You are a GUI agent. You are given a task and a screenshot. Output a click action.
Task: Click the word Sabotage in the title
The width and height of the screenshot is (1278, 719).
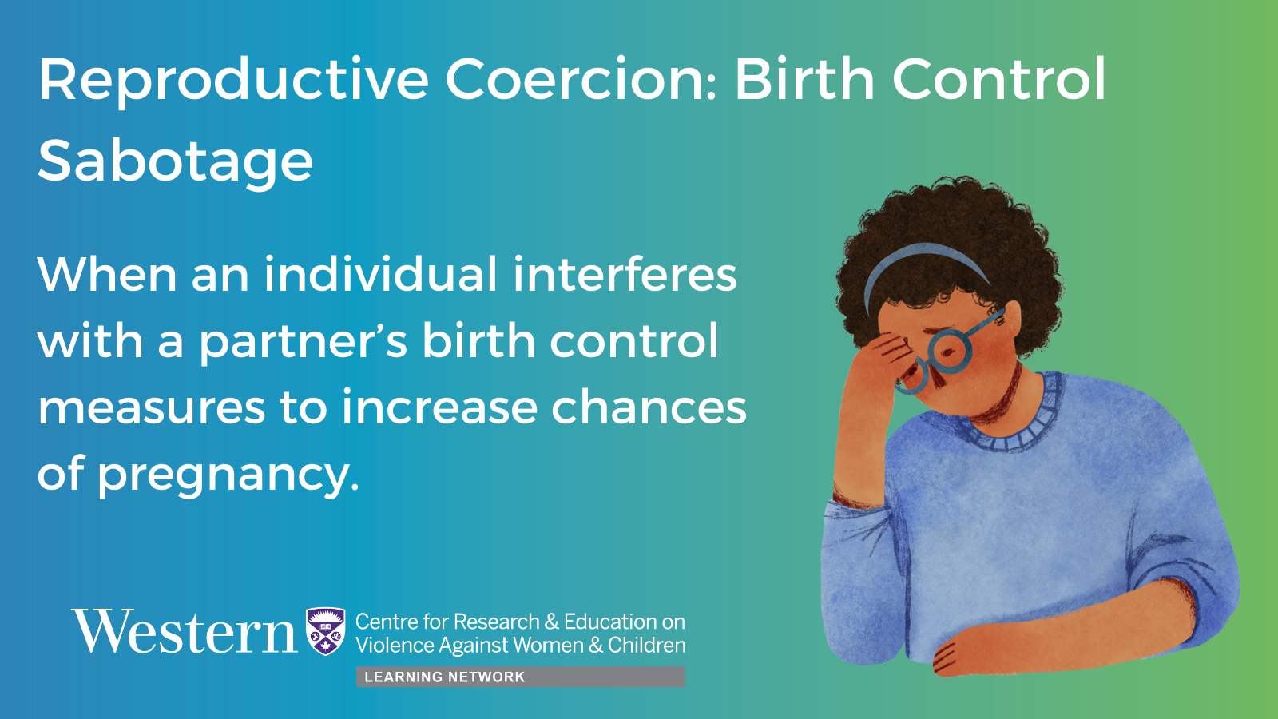click(x=175, y=161)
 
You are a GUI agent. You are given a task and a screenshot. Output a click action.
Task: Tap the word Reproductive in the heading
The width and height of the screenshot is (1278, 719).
click(x=233, y=79)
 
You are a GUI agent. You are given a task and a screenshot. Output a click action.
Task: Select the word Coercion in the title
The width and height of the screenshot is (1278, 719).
click(x=580, y=79)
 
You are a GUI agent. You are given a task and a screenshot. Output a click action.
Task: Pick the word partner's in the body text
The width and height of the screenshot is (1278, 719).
click(x=303, y=340)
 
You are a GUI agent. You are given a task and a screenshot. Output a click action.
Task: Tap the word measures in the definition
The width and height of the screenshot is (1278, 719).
click(x=151, y=408)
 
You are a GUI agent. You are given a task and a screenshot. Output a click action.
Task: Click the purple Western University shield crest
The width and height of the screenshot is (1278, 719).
click(x=326, y=631)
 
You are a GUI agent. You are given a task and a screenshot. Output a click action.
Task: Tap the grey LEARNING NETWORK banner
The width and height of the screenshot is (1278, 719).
click(x=520, y=677)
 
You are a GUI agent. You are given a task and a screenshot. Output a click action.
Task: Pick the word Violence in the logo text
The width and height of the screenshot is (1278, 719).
click(x=395, y=646)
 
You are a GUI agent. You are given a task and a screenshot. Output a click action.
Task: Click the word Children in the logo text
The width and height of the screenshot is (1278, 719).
click(x=646, y=646)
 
